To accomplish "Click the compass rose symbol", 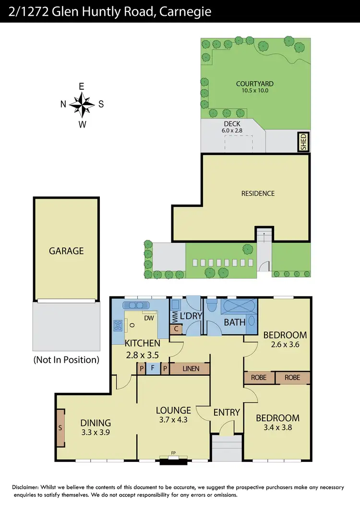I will tap(82, 105).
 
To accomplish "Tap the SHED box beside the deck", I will tap(303, 142).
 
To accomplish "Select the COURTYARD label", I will tap(255, 83).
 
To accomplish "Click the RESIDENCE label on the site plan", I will tap(258, 193).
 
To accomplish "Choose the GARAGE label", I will tap(66, 250).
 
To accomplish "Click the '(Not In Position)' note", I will tap(66, 359).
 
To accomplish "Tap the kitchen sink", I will tap(137, 306).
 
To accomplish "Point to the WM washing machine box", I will tap(175, 317).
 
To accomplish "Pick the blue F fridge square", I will tap(153, 368).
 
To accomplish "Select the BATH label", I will tap(234, 322).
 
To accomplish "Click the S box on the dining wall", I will tap(60, 427).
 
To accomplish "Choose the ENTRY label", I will tap(227, 412).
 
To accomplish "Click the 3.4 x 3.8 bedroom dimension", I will tap(277, 427).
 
